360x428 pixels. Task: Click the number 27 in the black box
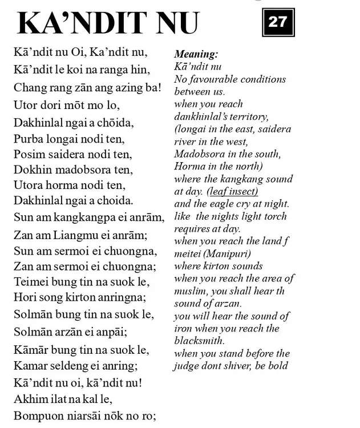279,23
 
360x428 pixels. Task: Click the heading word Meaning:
196,54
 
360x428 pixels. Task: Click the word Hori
24,296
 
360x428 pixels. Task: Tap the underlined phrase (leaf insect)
232,191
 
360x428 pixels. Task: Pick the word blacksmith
200,341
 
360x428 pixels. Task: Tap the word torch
273,216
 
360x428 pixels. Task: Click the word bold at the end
278,366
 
